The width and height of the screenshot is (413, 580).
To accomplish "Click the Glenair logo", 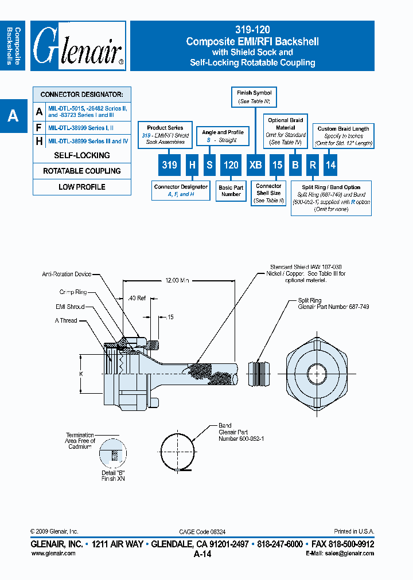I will pos(79,46).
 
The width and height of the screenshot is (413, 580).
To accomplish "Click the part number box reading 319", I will pos(169,165).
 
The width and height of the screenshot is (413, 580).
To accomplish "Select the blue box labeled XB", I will pos(255,165).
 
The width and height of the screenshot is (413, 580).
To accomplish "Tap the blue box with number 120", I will pos(231,165).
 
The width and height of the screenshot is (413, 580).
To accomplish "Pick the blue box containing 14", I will pos(330,165).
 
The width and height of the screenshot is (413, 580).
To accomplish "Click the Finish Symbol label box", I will pos(254,97).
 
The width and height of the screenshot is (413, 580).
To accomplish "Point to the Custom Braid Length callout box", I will pos(343,136).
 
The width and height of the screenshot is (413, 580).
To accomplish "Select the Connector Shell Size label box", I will pos(268,193).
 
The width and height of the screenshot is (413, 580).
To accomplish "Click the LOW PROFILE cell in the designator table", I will pos(82,187).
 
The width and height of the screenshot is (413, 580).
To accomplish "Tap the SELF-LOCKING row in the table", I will pos(82,155).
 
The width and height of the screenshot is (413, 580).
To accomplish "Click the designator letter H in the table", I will pos(39,141).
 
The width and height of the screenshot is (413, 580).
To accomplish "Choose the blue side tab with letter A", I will pos(13,116).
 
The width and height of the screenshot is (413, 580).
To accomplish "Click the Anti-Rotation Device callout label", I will pos(67,275).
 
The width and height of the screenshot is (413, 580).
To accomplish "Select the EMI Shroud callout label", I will pos(70,307).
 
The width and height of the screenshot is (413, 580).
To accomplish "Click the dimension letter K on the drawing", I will pos(81,374).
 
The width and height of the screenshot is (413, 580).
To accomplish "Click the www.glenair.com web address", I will pos(53,553).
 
